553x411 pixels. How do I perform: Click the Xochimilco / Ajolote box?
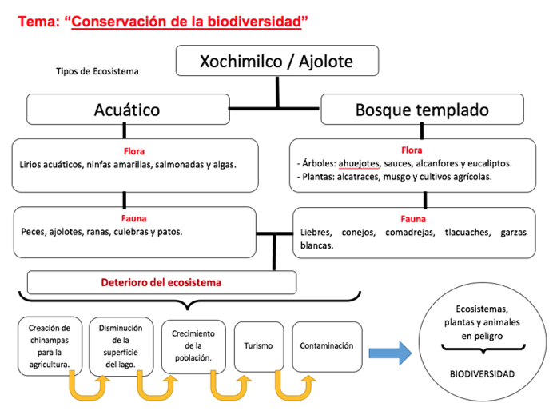click(x=276, y=62)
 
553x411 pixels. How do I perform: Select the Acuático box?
click(x=127, y=110)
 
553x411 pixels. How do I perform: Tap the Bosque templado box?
click(x=422, y=110)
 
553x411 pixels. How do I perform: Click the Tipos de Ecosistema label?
click(x=97, y=71)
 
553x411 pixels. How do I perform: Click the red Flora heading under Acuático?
click(x=134, y=150)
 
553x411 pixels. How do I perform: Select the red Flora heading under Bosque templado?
click(x=412, y=150)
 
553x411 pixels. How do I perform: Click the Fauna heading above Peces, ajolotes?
click(x=134, y=217)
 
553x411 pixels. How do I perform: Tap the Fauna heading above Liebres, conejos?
click(x=412, y=217)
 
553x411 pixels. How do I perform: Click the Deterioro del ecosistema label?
click(x=161, y=282)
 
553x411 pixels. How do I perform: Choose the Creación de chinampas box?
click(x=50, y=346)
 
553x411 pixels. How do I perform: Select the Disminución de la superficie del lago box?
click(x=121, y=346)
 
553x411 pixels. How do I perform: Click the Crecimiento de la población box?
click(x=193, y=346)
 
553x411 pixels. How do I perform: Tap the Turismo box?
click(x=258, y=345)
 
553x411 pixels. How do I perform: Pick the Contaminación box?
click(x=326, y=345)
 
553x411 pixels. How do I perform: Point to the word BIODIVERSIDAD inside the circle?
click(x=482, y=373)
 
